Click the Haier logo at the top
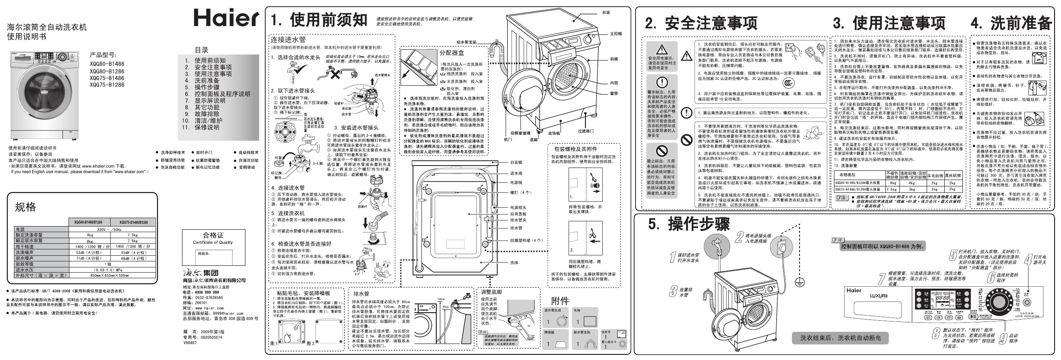pyautogui.click(x=226, y=18)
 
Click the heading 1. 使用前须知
pyautogui.click(x=318, y=20)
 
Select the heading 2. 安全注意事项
pyautogui.click(x=701, y=24)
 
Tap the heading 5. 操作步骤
pyautogui.click(x=688, y=224)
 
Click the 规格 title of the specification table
pyautogui.click(x=26, y=207)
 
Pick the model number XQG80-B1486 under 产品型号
pyautogui.click(x=107, y=64)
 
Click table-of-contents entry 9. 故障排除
pyautogui.click(x=202, y=114)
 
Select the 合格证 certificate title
pyautogui.click(x=213, y=235)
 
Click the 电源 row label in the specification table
pyautogui.click(x=20, y=229)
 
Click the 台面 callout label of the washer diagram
pyautogui.click(x=605, y=12)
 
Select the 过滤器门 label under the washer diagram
pyautogui.click(x=585, y=131)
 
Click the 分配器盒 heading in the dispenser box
pyautogui.click(x=452, y=53)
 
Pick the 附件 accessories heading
pyautogui.click(x=560, y=301)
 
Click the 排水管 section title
pyautogui.click(x=361, y=294)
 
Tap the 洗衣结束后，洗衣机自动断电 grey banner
pyautogui.click(x=840, y=338)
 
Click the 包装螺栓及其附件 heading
pyautogui.click(x=575, y=149)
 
